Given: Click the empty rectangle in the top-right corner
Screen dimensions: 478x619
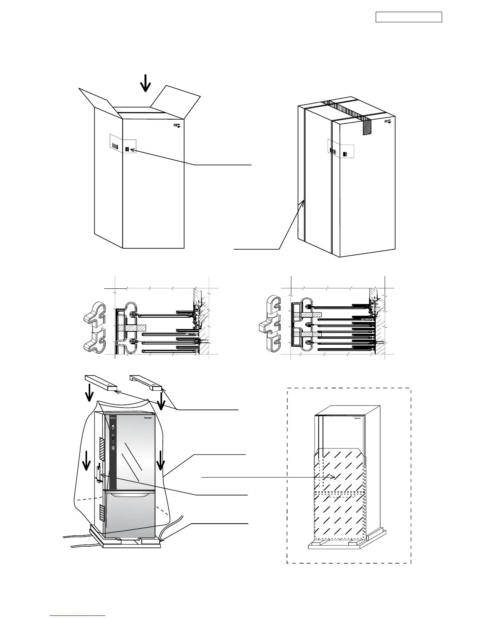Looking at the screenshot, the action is tap(408, 17).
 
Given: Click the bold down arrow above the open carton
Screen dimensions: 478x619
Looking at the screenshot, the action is tap(146, 83).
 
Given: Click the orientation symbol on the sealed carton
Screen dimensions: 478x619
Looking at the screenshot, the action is tap(388, 122).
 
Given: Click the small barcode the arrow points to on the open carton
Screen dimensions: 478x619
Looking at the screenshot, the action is tap(127, 149).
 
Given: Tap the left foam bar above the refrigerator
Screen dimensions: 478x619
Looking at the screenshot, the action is tap(101, 382).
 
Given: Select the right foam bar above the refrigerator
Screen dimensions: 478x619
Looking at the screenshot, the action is tap(146, 382).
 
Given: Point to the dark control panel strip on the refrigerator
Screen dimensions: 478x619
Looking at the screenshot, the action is tap(112, 449).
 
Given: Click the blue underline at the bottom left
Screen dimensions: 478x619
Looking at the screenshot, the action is tap(78, 615).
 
